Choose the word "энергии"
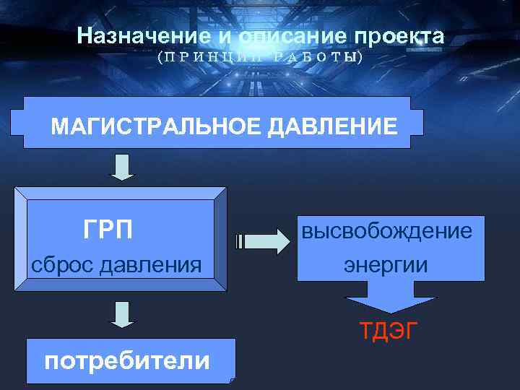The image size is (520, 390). coord(386,264)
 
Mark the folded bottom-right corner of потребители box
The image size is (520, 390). coord(231,378)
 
